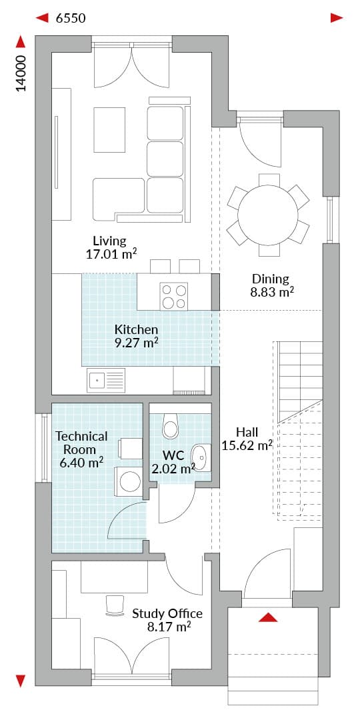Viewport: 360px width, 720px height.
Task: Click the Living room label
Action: coord(109,241)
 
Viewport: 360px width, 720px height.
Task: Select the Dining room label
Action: coord(271,279)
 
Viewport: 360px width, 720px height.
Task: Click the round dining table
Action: coord(268,215)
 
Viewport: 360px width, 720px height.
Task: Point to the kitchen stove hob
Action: coord(173,295)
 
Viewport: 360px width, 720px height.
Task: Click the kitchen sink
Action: coord(106,379)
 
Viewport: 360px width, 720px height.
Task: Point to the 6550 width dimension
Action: coord(71,19)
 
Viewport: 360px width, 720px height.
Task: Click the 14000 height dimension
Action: coord(21,74)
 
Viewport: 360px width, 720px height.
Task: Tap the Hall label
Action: coord(247,432)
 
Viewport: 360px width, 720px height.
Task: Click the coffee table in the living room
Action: coord(109,129)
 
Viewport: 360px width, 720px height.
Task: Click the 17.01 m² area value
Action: coord(111,254)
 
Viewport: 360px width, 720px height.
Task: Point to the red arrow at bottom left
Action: coord(21,680)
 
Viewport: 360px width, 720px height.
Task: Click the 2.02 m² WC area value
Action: coord(173,469)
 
